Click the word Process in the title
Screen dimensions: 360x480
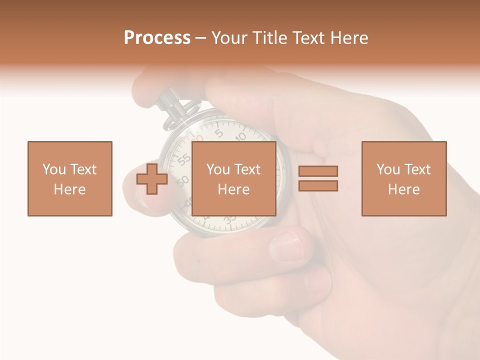pos(157,38)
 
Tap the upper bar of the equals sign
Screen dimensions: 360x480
pos(318,171)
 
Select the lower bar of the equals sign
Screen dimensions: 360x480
pos(318,185)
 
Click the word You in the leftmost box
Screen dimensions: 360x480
pos(53,169)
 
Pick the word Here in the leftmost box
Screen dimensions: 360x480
pos(69,189)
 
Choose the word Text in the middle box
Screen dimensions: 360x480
pos(247,169)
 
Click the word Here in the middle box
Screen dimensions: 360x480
pos(233,189)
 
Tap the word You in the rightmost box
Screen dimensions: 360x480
pos(388,169)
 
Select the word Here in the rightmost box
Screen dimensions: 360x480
pos(403,189)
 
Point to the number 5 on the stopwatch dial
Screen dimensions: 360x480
pos(218,133)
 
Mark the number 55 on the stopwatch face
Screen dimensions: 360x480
pos(184,159)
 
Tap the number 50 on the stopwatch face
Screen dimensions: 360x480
pos(183,180)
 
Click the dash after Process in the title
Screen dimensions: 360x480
pos(200,38)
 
